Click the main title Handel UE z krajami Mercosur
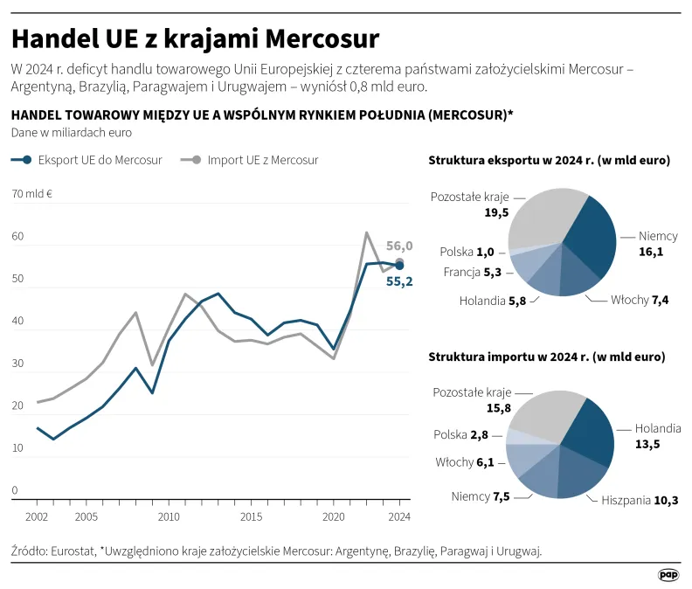pyautogui.click(x=195, y=39)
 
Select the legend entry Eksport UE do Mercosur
pyautogui.click(x=87, y=160)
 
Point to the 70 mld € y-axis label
pyautogui.click(x=32, y=194)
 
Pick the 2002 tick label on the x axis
pyautogui.click(x=37, y=517)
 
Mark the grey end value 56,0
pyautogui.click(x=399, y=246)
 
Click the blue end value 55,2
pyautogui.click(x=399, y=281)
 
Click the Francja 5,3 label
pyautogui.click(x=473, y=272)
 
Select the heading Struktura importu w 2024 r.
pyautogui.click(x=546, y=357)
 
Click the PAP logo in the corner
pyautogui.click(x=668, y=574)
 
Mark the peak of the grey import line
pyautogui.click(x=366, y=232)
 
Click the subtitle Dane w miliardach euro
pyautogui.click(x=71, y=133)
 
